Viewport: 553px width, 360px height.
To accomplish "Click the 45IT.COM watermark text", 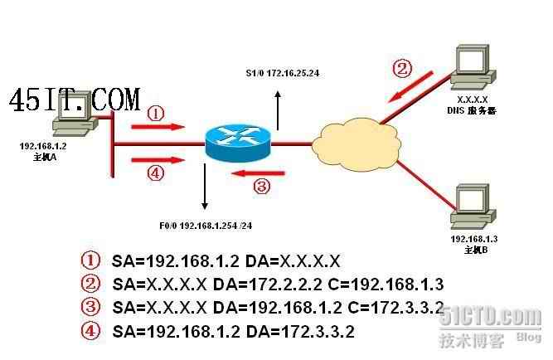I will click(x=75, y=101).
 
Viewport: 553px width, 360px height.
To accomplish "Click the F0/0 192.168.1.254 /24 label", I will click(x=204, y=224).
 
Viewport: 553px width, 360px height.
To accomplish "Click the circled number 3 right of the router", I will click(x=260, y=186).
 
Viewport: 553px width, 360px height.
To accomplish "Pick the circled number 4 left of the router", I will click(x=155, y=173).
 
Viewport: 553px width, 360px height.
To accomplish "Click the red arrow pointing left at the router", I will click(x=260, y=173).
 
